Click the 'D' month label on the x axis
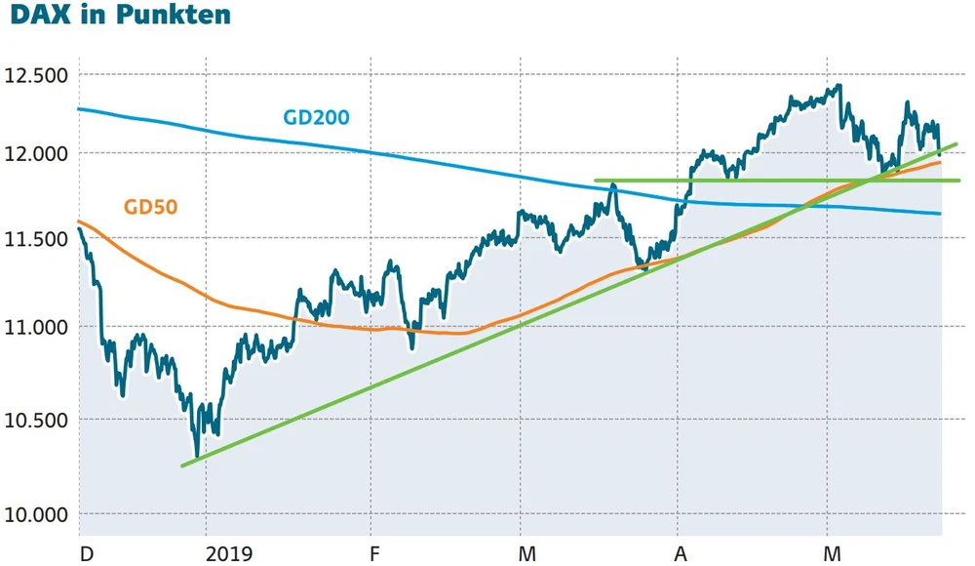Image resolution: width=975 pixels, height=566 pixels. [x=87, y=554]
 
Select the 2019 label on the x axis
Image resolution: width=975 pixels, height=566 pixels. [x=230, y=554]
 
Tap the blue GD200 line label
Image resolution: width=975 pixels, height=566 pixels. [x=316, y=118]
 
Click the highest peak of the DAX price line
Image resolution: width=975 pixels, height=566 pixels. [x=838, y=86]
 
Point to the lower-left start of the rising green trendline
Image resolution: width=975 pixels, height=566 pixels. [x=183, y=465]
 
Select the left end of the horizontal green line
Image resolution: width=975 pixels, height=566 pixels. [x=596, y=181]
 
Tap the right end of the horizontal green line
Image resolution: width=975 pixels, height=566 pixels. [x=958, y=181]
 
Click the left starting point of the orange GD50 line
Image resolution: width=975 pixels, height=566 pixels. [x=79, y=222]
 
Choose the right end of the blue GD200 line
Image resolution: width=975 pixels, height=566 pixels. [x=941, y=214]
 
